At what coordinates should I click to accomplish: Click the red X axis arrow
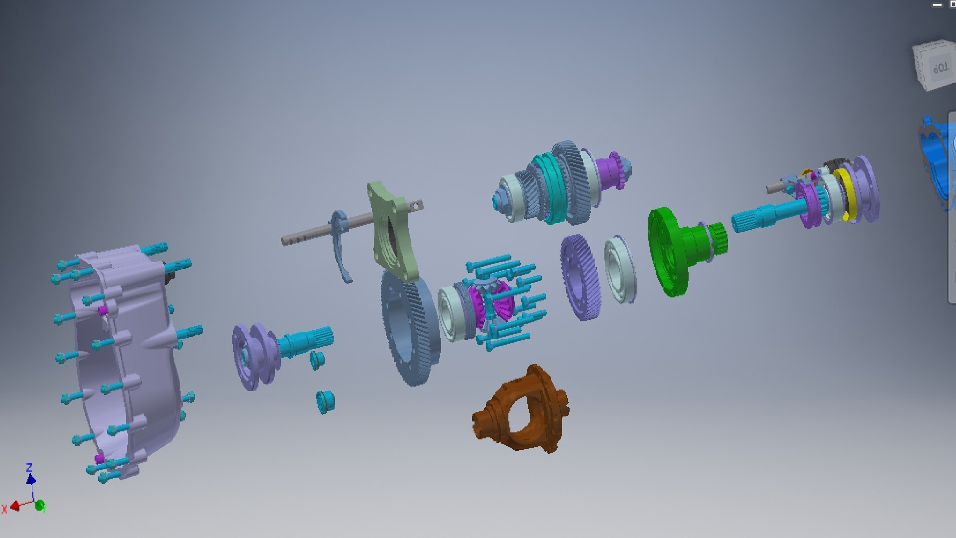click(x=14, y=507)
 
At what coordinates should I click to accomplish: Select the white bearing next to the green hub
click(x=620, y=269)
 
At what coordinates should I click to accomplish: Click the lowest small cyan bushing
click(x=325, y=401)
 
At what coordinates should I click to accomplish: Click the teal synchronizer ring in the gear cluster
click(x=550, y=189)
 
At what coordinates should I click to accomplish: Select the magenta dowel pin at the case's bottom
click(x=99, y=458)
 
